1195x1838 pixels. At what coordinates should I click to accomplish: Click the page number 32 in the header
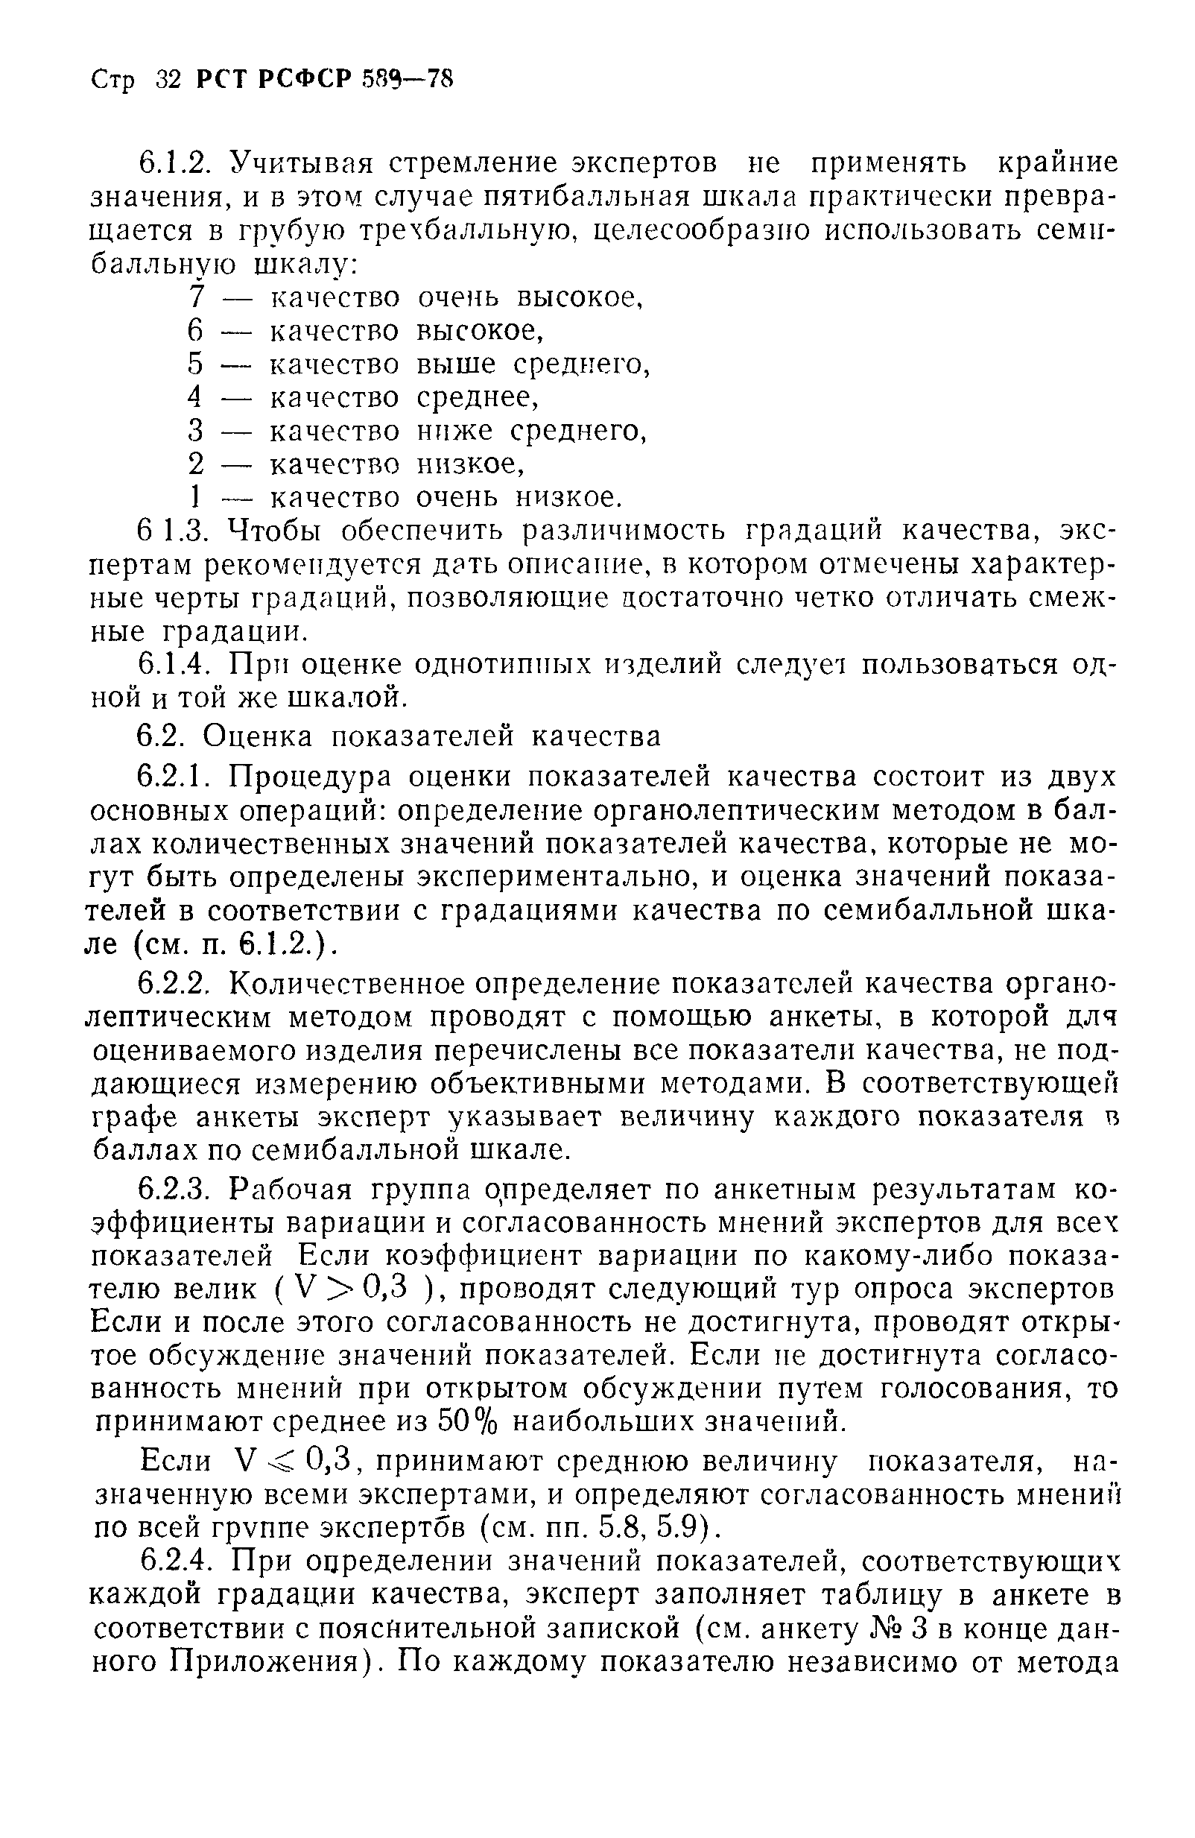pyautogui.click(x=167, y=80)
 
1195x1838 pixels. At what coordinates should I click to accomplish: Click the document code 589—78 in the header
pyautogui.click(x=406, y=79)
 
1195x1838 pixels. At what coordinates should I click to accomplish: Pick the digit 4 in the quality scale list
pyautogui.click(x=195, y=397)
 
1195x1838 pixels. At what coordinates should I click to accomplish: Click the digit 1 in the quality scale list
pyautogui.click(x=197, y=496)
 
